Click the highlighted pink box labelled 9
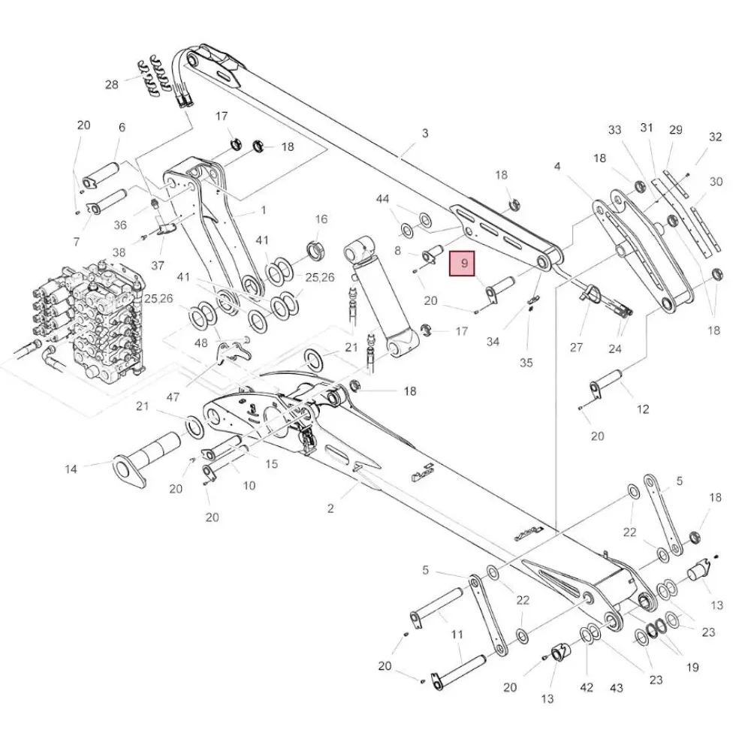(464, 264)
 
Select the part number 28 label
(112, 85)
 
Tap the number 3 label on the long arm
(425, 134)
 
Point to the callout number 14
(71, 469)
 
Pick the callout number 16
(321, 219)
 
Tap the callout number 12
(643, 409)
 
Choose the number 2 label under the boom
(330, 508)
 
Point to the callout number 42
(587, 687)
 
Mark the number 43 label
(617, 687)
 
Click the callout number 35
(526, 362)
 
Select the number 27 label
(576, 347)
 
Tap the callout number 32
(715, 137)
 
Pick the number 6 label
(122, 128)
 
